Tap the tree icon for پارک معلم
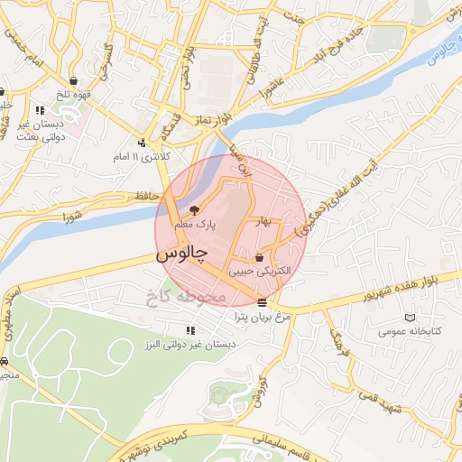click(x=195, y=210)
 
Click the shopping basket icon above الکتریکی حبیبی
click(x=260, y=257)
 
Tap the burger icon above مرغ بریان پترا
click(x=262, y=302)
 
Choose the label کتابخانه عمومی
click(x=412, y=332)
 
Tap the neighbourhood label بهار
click(x=263, y=221)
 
